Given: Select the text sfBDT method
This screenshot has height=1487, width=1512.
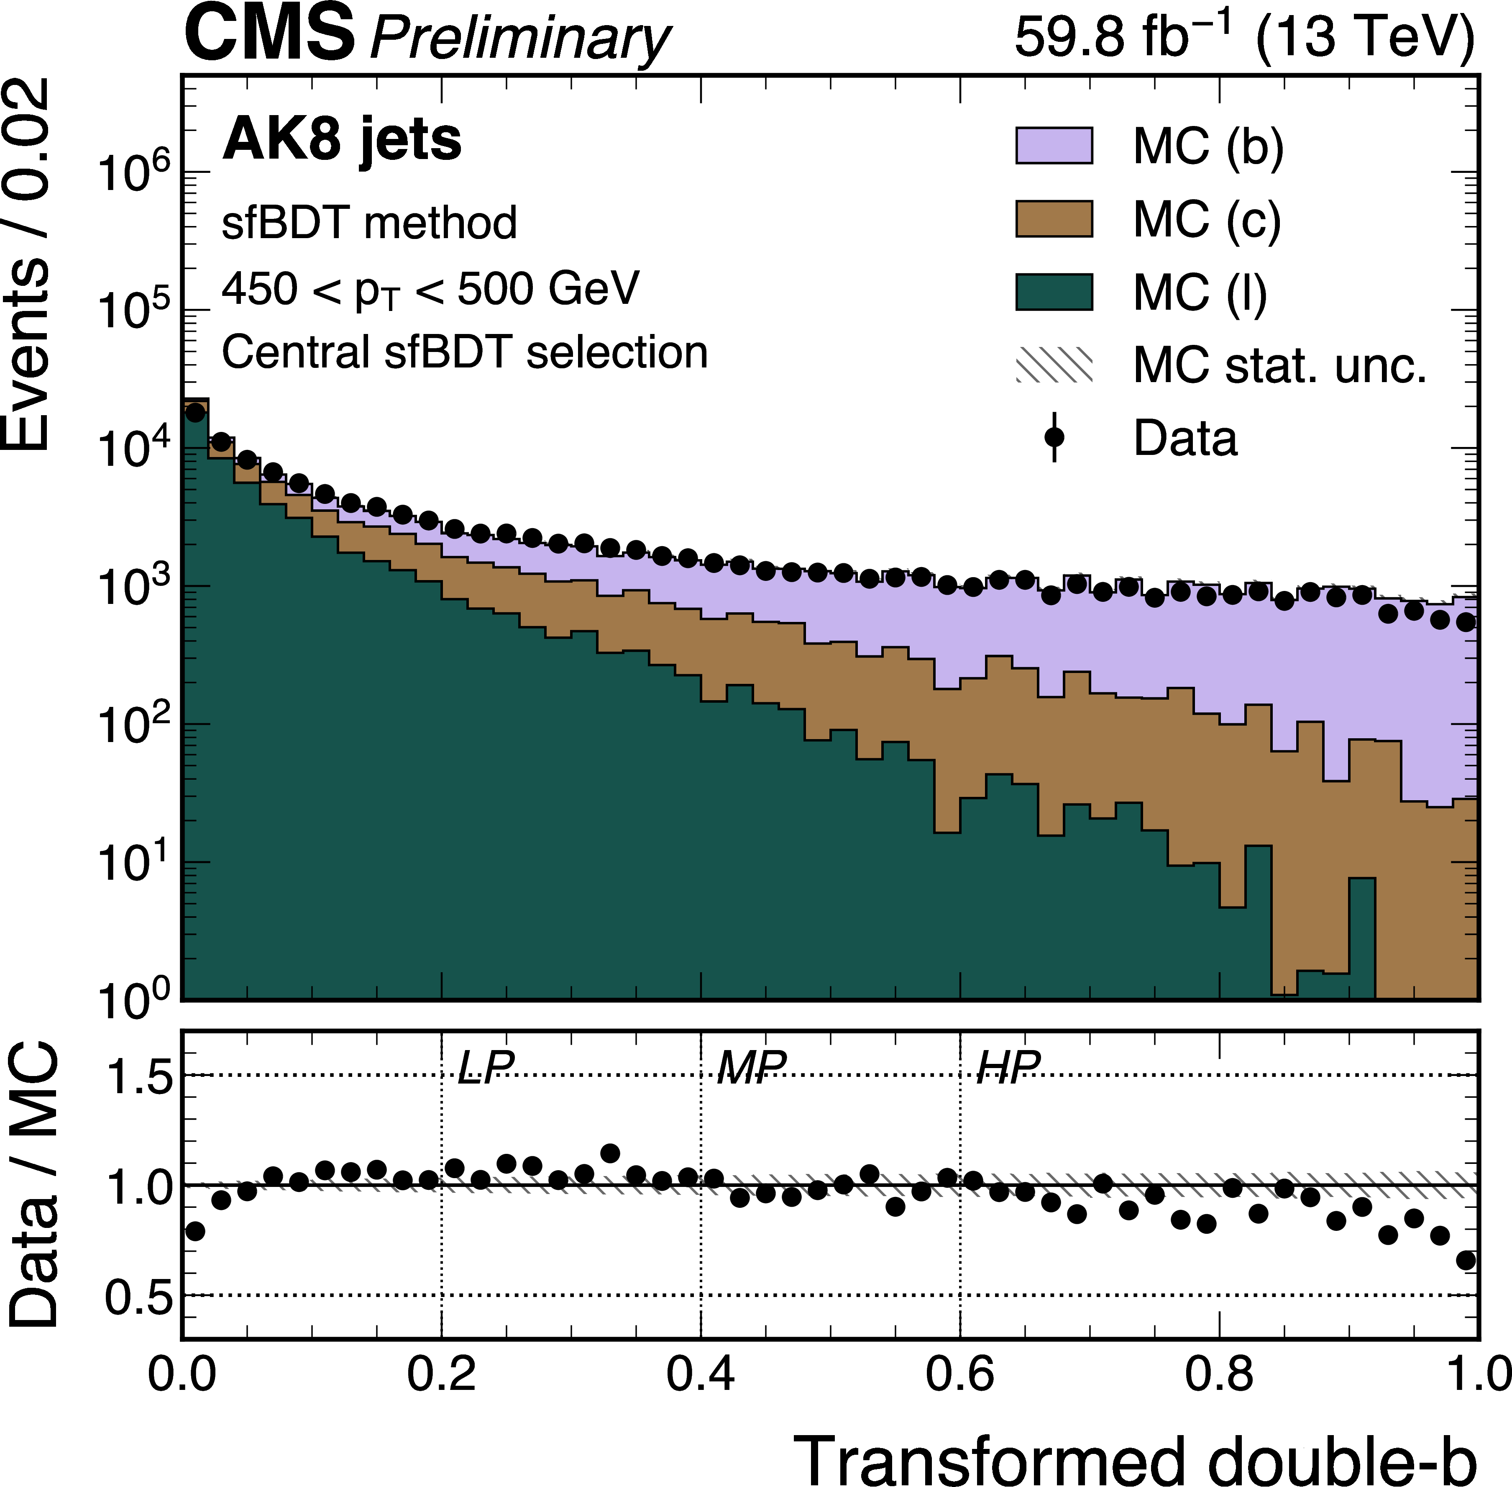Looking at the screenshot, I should (x=369, y=223).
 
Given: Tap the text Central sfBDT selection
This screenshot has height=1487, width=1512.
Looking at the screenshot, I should (x=464, y=352).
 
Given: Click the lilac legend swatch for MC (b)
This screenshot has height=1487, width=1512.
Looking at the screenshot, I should (x=1053, y=145).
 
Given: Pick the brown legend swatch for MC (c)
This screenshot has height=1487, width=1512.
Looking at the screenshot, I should (x=1053, y=218).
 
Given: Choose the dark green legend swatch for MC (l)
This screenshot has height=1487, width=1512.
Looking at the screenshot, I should (x=1053, y=292).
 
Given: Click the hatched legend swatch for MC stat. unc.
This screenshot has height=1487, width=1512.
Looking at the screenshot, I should (x=1053, y=365).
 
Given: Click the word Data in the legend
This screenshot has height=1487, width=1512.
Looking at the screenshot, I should (x=1185, y=438).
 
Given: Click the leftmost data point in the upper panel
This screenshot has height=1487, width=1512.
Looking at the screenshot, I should (x=195, y=412).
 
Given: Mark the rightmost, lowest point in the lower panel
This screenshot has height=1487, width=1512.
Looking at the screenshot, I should (x=1466, y=1261).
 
